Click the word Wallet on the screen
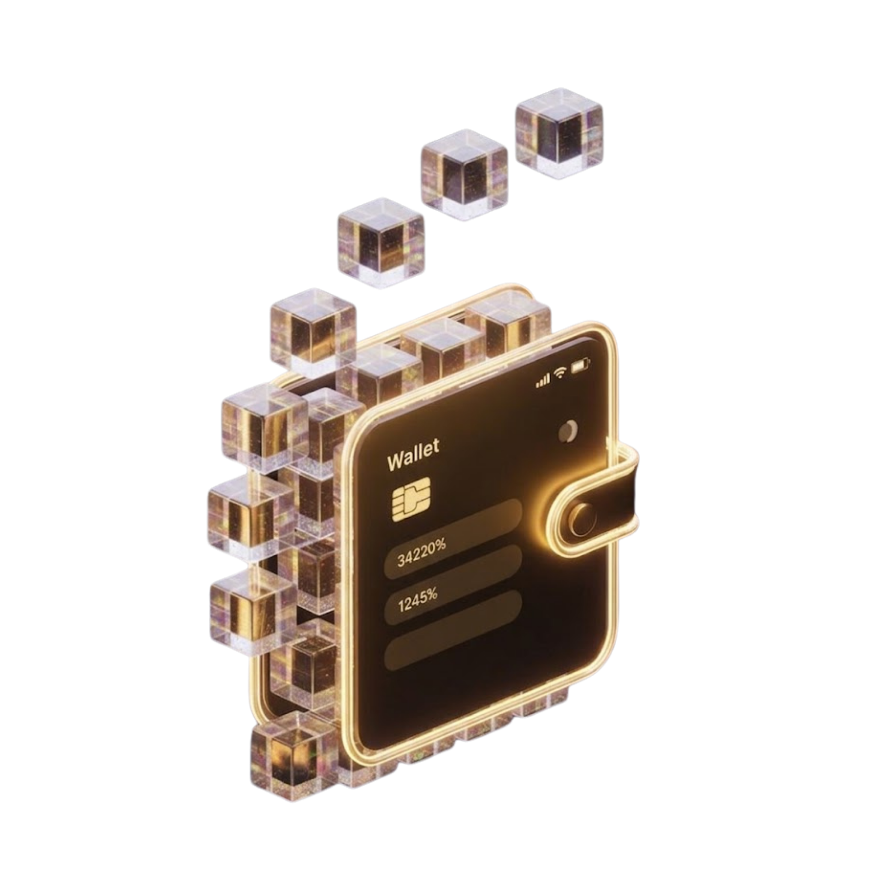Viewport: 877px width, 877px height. click(413, 454)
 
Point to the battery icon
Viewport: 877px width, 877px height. click(581, 365)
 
